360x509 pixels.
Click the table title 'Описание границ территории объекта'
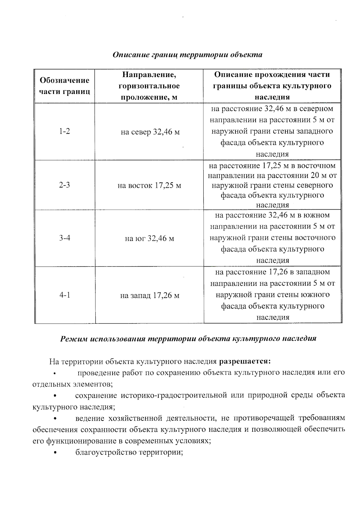click(x=187, y=55)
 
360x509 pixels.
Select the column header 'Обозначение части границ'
click(x=64, y=86)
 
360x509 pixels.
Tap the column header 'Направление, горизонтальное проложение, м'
click(x=149, y=86)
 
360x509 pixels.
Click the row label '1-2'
click(x=64, y=131)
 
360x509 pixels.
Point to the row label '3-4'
click(x=65, y=238)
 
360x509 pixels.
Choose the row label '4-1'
click(x=65, y=295)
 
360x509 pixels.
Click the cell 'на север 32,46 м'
click(x=150, y=132)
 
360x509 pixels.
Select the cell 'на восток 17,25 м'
click(x=149, y=186)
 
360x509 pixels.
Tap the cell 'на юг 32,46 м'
click(x=149, y=239)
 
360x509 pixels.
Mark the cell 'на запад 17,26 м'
click(x=150, y=296)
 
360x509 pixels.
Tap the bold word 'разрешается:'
click(x=245, y=361)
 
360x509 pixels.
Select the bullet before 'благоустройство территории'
click(x=55, y=453)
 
